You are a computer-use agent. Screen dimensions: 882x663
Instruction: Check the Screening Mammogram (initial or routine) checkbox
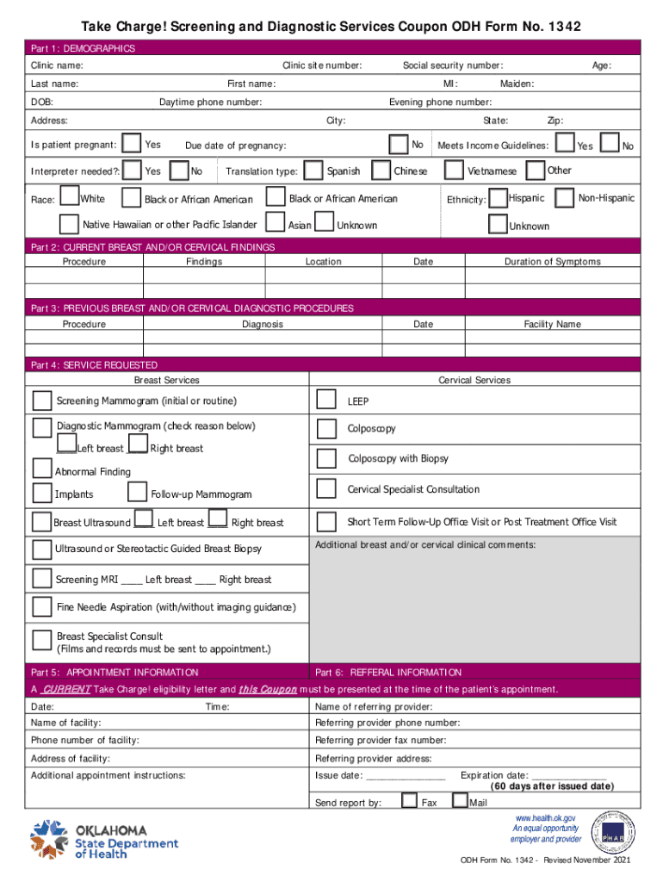click(41, 401)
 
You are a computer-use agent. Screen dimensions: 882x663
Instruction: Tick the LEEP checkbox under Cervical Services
click(326, 400)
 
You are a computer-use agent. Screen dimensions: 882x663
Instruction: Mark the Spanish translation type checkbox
click(313, 170)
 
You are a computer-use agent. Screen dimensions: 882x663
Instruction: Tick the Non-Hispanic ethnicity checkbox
click(565, 198)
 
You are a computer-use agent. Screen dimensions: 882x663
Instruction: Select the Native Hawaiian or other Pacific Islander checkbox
click(70, 224)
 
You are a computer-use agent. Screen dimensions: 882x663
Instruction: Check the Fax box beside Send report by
click(411, 802)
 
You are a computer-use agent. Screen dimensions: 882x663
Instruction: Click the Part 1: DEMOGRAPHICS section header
click(83, 49)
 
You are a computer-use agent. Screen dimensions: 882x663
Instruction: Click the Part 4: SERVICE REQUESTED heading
click(94, 365)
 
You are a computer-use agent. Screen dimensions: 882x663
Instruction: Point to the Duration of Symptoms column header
click(552, 262)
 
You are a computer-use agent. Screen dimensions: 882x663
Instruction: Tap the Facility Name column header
click(552, 325)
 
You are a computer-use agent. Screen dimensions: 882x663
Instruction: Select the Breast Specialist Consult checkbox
click(41, 639)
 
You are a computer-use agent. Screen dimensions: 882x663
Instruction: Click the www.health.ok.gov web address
click(545, 817)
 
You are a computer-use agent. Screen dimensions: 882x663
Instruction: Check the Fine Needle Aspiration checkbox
click(41, 606)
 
